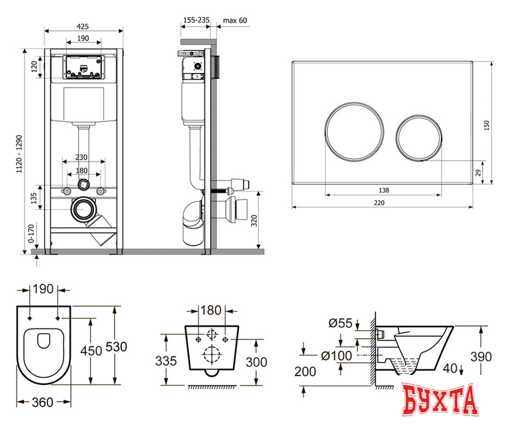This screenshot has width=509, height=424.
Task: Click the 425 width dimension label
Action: click(x=83, y=26)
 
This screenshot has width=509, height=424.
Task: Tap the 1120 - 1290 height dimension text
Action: click(x=20, y=154)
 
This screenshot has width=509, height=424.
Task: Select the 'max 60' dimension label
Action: click(x=235, y=21)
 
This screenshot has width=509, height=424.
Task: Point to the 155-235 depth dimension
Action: click(x=197, y=20)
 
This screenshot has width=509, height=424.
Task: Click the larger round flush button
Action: click(x=354, y=132)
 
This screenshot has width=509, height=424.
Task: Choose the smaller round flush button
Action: click(x=419, y=138)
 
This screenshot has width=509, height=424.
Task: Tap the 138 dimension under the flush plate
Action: click(x=384, y=190)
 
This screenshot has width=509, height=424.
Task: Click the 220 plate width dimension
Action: click(x=379, y=203)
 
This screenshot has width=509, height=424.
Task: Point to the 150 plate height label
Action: click(x=486, y=125)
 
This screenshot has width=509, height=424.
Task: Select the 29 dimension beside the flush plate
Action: click(x=478, y=172)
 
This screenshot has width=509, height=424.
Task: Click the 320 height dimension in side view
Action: click(x=254, y=221)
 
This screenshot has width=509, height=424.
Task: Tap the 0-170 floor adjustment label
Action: click(x=31, y=233)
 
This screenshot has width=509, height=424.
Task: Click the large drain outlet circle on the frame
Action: click(x=83, y=209)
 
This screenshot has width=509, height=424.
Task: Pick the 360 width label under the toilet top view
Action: click(x=42, y=403)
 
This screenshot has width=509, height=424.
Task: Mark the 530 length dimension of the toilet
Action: click(x=116, y=347)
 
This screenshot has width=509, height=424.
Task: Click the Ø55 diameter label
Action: click(x=340, y=323)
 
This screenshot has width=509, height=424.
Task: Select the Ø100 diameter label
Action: click(x=336, y=356)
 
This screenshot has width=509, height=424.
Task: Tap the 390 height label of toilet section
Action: click(x=481, y=356)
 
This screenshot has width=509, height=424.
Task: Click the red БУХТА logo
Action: click(x=440, y=400)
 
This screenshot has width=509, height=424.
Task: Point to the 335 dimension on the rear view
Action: click(x=166, y=361)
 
